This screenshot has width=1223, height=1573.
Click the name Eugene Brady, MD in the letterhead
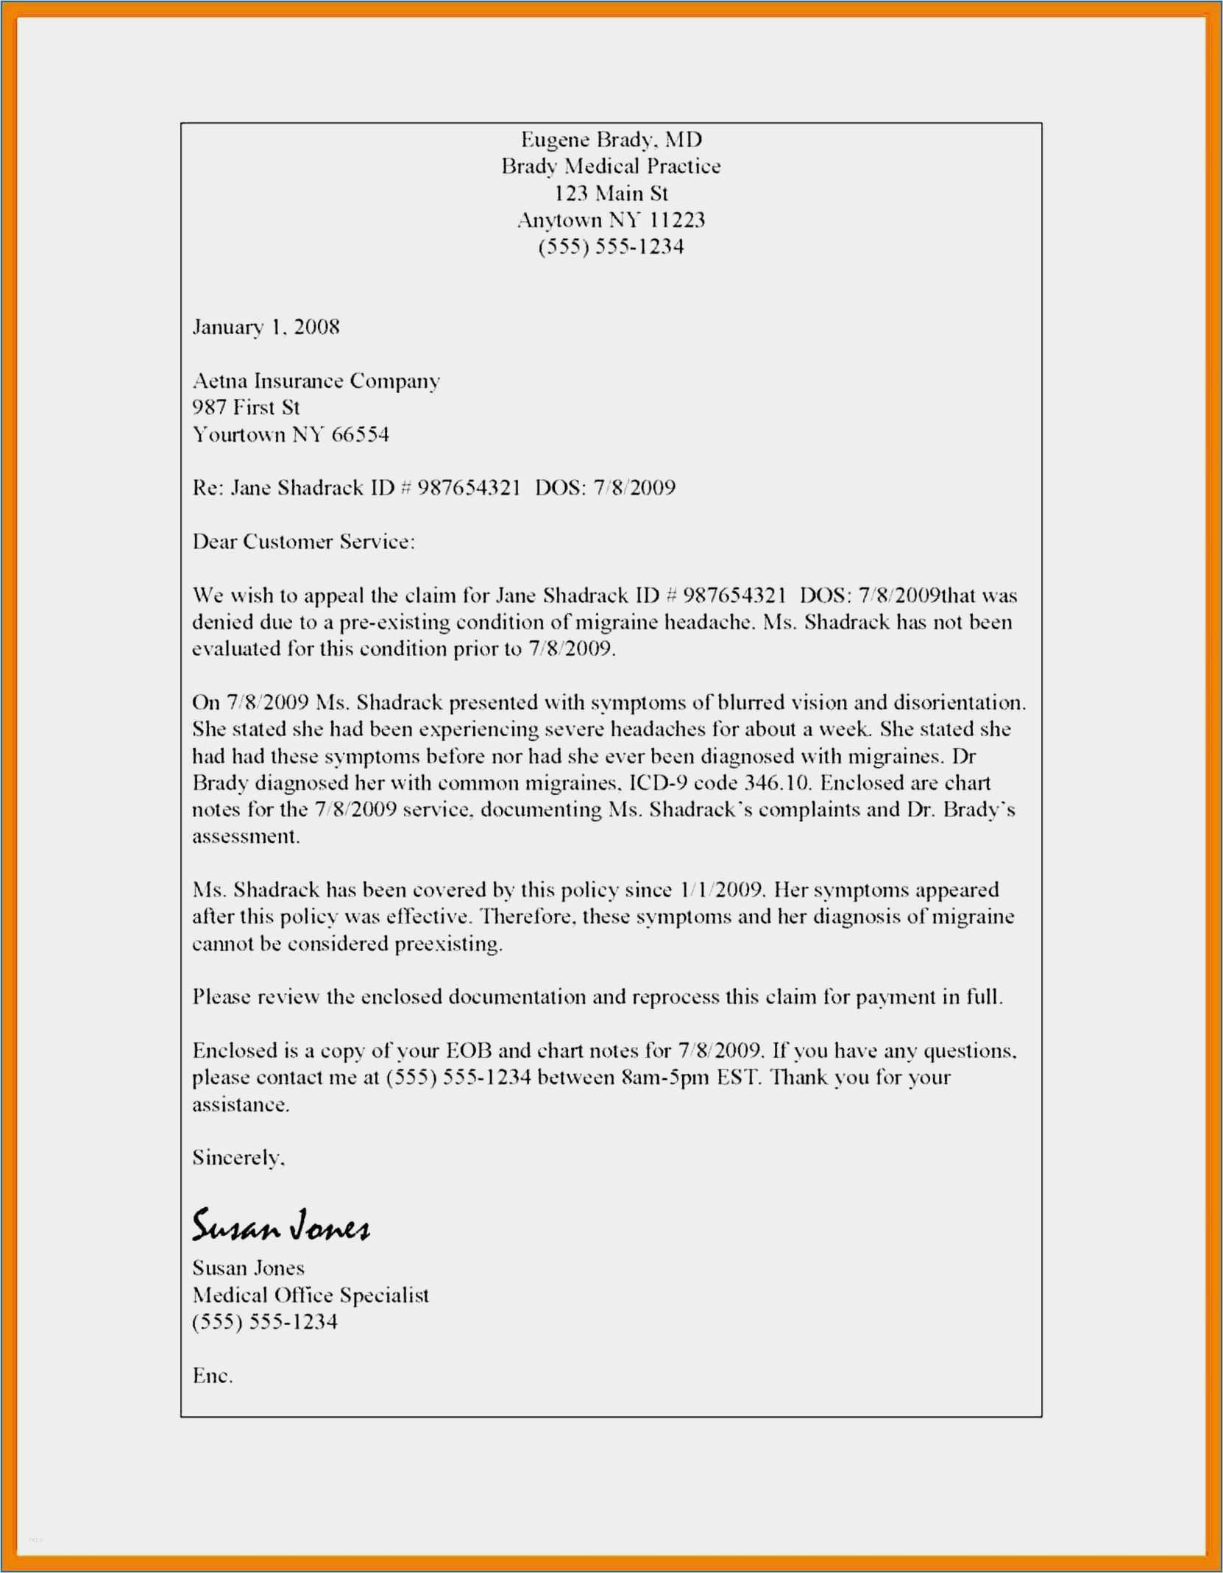click(x=611, y=139)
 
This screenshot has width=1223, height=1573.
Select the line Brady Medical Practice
click(x=611, y=166)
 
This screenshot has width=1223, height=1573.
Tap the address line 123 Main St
click(x=611, y=194)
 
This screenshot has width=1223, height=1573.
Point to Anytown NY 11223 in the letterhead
click(x=611, y=220)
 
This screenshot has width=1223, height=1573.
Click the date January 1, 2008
click(x=266, y=327)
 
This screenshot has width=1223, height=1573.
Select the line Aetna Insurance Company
click(x=316, y=381)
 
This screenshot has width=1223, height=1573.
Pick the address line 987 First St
click(x=246, y=407)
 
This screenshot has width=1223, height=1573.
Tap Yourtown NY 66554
click(x=291, y=434)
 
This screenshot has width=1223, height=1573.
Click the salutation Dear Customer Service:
click(x=303, y=542)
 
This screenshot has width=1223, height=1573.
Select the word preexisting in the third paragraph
click(x=448, y=944)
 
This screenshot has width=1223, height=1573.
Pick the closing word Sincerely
click(x=238, y=1158)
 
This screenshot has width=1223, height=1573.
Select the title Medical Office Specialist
click(x=310, y=1295)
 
